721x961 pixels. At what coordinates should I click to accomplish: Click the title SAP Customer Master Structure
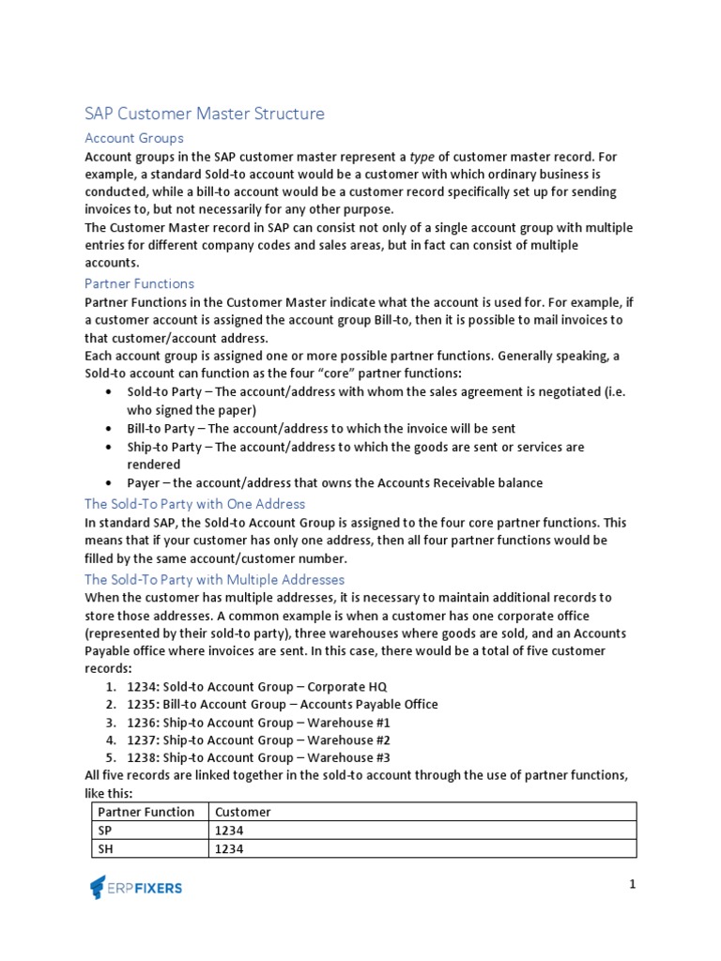(x=204, y=114)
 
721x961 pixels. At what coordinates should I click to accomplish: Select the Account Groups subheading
(x=133, y=138)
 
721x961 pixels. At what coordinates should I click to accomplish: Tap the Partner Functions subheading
(x=139, y=283)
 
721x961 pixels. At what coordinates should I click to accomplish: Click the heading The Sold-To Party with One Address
(x=194, y=504)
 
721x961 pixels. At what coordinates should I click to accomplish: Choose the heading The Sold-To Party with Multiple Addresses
(x=214, y=580)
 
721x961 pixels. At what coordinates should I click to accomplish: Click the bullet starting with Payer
(x=334, y=482)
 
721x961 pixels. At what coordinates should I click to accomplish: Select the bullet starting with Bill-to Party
(x=321, y=428)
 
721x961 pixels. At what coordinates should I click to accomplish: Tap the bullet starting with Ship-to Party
(x=355, y=447)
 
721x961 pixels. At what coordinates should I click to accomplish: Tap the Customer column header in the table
(x=242, y=812)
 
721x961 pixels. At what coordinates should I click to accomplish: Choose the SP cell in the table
(x=104, y=831)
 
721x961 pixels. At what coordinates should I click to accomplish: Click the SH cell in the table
(x=105, y=848)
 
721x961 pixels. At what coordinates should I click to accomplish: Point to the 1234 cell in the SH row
(x=229, y=848)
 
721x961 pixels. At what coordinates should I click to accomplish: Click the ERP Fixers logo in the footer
(x=136, y=887)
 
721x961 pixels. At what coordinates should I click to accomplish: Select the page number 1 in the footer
(x=633, y=884)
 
